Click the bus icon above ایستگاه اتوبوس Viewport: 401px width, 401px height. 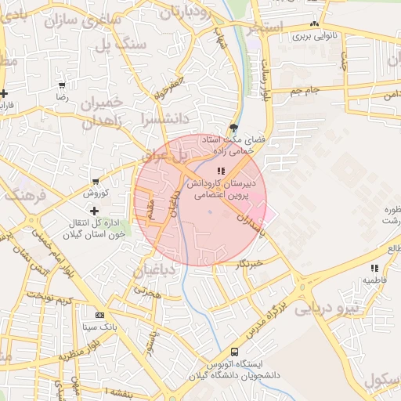coord(235,352)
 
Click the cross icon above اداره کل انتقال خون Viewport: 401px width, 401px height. coord(94,210)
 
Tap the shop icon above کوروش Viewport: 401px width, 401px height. coord(95,182)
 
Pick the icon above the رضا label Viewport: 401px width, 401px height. coord(62,85)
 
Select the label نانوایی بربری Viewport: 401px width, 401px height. coord(314,36)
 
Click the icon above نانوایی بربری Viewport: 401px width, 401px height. coord(314,24)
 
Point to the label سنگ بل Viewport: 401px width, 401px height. coord(131,45)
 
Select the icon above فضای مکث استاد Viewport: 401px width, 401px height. coord(233,127)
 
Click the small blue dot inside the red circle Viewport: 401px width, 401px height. coord(210,211)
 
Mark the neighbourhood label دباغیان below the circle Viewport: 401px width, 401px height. coord(157,272)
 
